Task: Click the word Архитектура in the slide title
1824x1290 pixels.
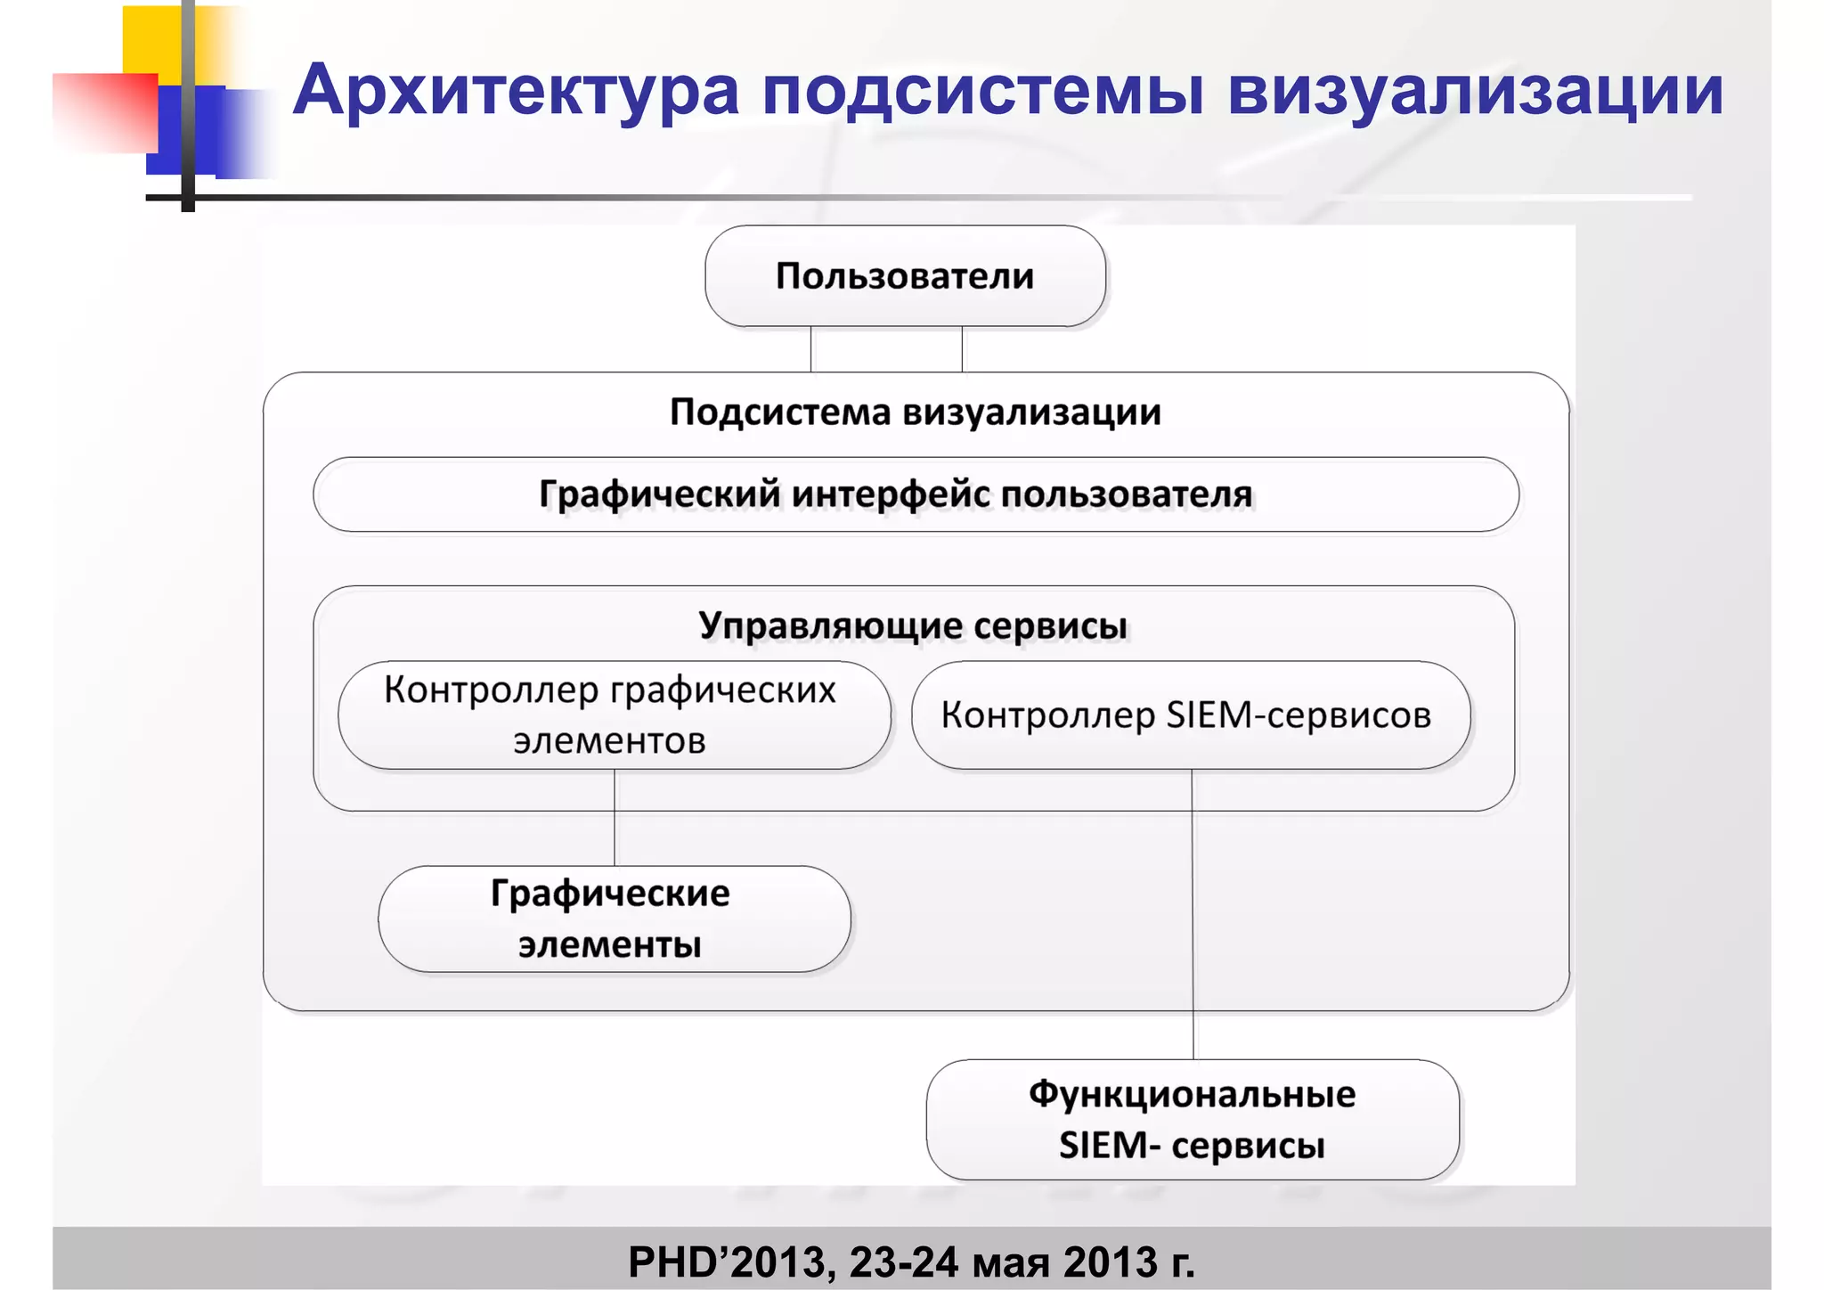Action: (x=517, y=91)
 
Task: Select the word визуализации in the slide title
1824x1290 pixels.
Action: (x=1475, y=91)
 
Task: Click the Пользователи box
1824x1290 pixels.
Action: (x=905, y=276)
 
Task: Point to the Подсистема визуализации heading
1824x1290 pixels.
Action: (x=915, y=412)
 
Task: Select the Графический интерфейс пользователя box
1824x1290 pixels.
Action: (x=915, y=494)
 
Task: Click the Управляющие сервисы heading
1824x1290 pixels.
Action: (x=913, y=625)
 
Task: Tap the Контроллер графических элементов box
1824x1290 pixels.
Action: (x=613, y=715)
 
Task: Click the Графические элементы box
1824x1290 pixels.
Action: (x=613, y=919)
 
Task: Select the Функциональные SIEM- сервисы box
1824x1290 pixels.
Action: (x=1192, y=1120)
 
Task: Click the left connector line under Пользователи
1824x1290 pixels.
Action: (x=811, y=349)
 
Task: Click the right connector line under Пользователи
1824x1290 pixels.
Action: (x=962, y=349)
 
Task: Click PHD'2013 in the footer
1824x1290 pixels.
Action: (x=730, y=1262)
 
